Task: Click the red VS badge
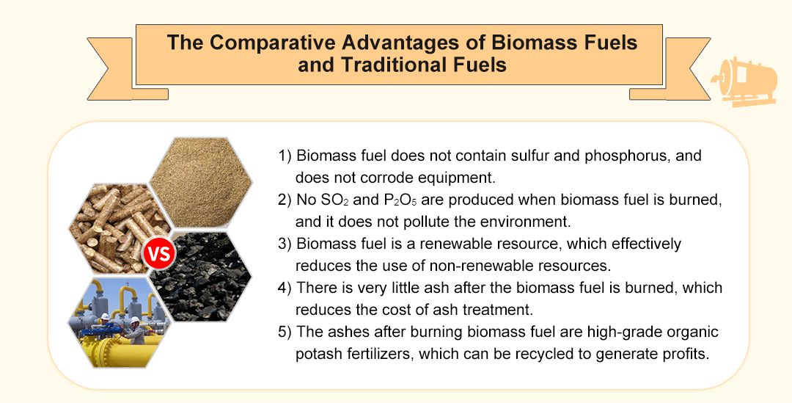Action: coord(159,255)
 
